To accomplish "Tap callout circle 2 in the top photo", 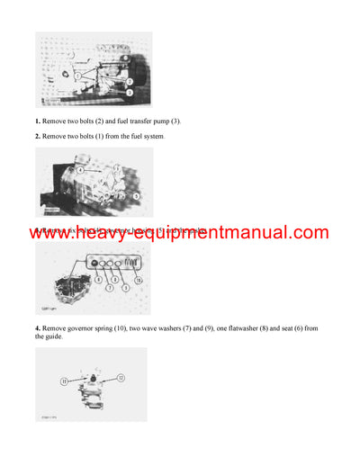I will (131, 80).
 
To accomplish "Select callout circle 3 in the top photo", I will (130, 92).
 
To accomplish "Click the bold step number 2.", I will (38, 136).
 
